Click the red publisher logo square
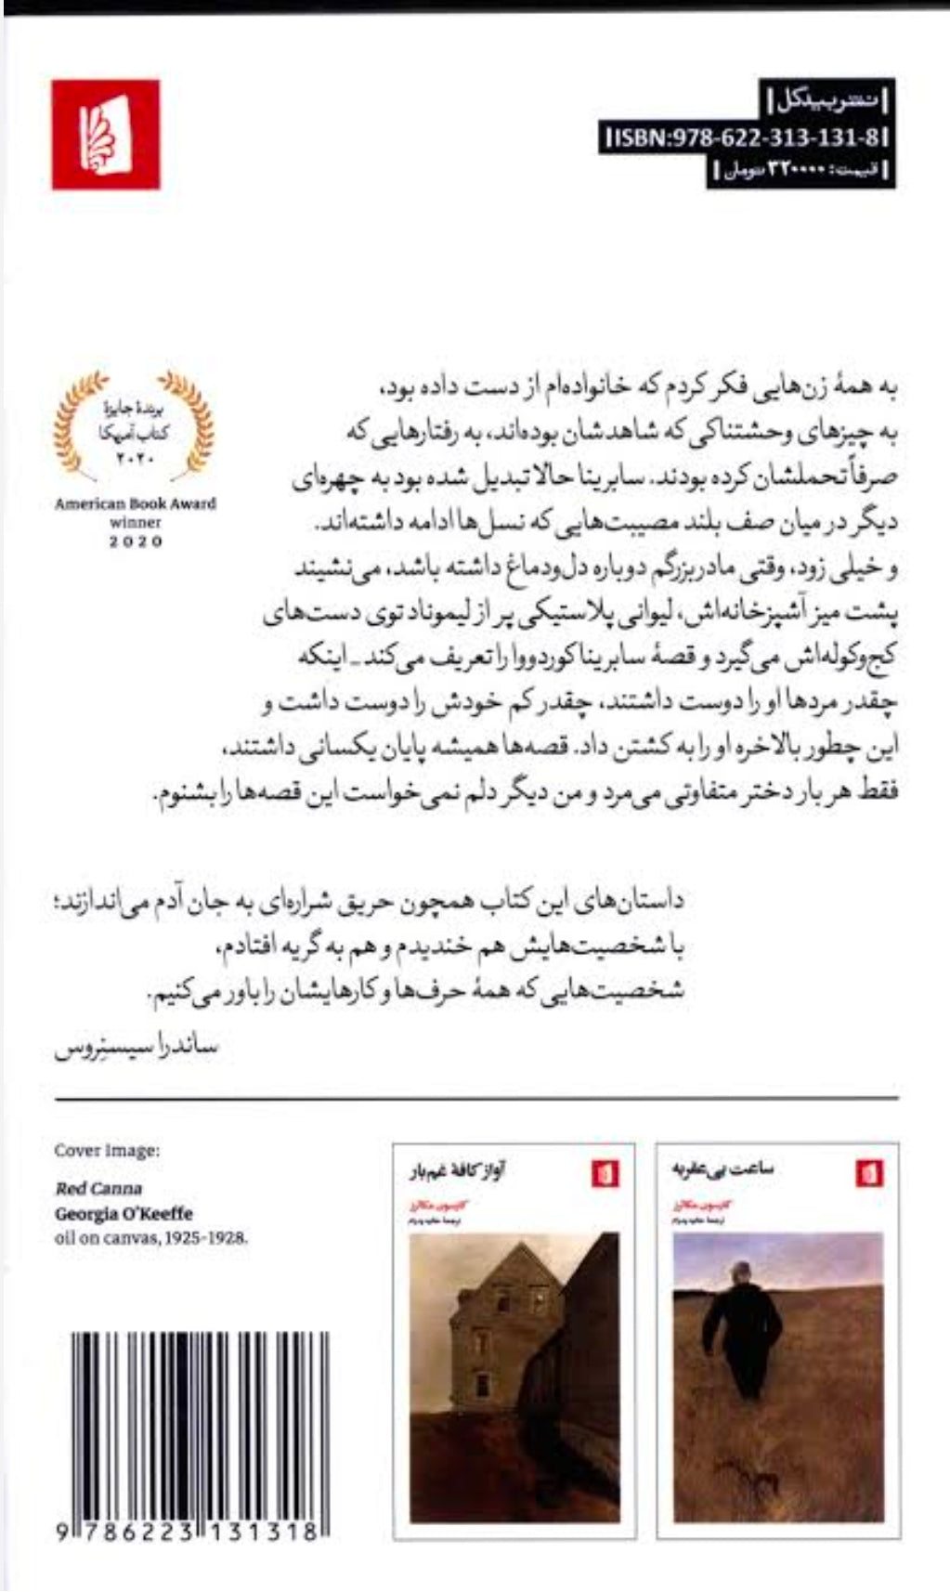click(105, 135)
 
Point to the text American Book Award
click(135, 503)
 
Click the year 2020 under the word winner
click(136, 542)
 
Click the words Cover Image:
click(107, 1150)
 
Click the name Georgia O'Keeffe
click(124, 1213)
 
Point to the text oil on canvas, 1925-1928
click(152, 1237)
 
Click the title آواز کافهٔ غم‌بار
click(464, 1173)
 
